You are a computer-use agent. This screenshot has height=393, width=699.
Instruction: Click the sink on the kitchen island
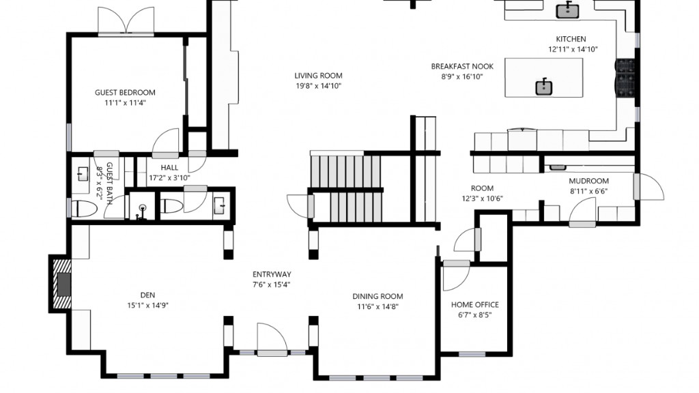click(x=544, y=87)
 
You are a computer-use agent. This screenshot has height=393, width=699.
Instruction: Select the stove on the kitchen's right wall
click(x=625, y=78)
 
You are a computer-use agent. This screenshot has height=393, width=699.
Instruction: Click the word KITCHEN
click(x=571, y=40)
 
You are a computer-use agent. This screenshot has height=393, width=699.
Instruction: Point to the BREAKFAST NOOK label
click(x=461, y=66)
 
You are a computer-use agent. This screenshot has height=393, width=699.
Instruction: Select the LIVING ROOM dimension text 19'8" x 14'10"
click(x=318, y=86)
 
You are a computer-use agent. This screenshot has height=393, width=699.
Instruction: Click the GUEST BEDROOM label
click(x=125, y=93)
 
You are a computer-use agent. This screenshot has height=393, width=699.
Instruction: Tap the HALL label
click(x=169, y=168)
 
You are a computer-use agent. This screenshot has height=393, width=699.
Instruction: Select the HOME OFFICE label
click(x=474, y=305)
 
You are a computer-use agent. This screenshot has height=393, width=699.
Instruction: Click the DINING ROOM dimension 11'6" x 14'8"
click(x=377, y=307)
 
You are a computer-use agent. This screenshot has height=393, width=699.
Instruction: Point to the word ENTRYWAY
click(x=272, y=274)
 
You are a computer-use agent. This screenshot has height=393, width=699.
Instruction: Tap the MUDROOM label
click(x=588, y=181)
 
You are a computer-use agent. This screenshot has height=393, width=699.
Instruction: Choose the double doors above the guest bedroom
click(x=126, y=21)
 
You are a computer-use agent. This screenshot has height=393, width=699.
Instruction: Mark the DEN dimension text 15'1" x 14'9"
click(x=147, y=306)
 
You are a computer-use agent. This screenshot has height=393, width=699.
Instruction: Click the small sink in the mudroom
click(x=558, y=166)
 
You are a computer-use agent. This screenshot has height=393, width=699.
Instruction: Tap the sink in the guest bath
click(x=83, y=174)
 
